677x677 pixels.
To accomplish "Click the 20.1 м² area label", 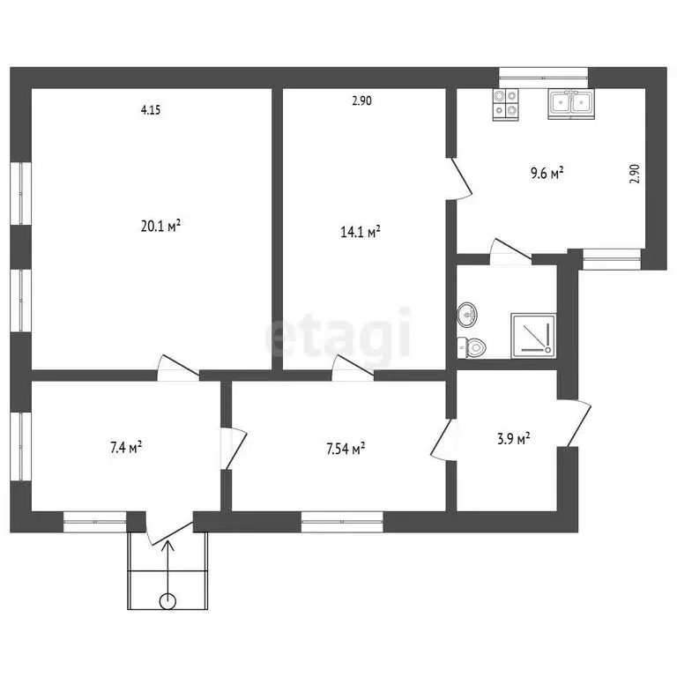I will [160, 226].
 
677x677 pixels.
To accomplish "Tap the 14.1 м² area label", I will [361, 233].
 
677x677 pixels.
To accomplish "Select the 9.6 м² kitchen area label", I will [547, 173].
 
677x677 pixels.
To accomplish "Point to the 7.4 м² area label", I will [126, 448].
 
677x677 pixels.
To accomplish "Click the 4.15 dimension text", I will [151, 110].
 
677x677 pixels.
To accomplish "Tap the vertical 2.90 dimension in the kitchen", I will [634, 173].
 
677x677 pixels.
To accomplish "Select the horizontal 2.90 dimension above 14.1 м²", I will [361, 100].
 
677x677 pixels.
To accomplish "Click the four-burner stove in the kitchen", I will [507, 104].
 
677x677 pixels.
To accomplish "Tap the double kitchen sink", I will [570, 104].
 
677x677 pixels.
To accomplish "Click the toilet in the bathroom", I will [472, 347].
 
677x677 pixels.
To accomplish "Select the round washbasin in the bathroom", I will [468, 313].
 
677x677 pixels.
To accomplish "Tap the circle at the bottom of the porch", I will [167, 601].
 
